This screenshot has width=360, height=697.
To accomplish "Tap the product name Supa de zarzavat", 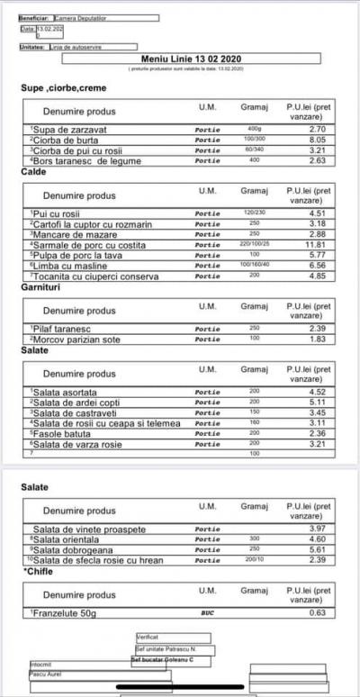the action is click(x=64, y=130).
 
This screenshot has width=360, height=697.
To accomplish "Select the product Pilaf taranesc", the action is click(x=63, y=329).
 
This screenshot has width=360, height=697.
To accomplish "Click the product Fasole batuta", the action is click(x=63, y=433).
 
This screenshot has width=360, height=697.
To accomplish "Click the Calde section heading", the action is click(x=33, y=171).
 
